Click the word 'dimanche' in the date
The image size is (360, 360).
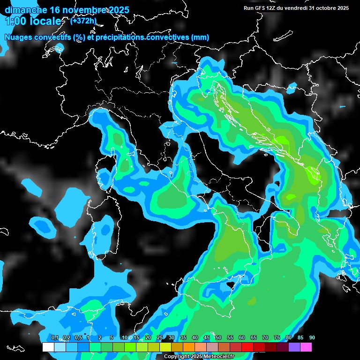[x=26, y=10]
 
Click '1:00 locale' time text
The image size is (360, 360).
[x=33, y=22]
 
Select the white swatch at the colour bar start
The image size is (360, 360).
[x=48, y=347]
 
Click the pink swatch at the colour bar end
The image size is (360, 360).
[x=306, y=347]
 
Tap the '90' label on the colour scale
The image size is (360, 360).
[x=312, y=337]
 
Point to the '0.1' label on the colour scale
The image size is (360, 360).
[x=55, y=337]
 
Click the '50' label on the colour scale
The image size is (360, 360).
[x=218, y=337]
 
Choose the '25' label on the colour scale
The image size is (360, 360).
[x=160, y=337]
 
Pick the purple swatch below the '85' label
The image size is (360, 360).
[x=294, y=347]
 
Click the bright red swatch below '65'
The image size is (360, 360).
[x=247, y=347]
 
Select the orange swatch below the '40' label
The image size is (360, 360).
[x=189, y=347]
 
